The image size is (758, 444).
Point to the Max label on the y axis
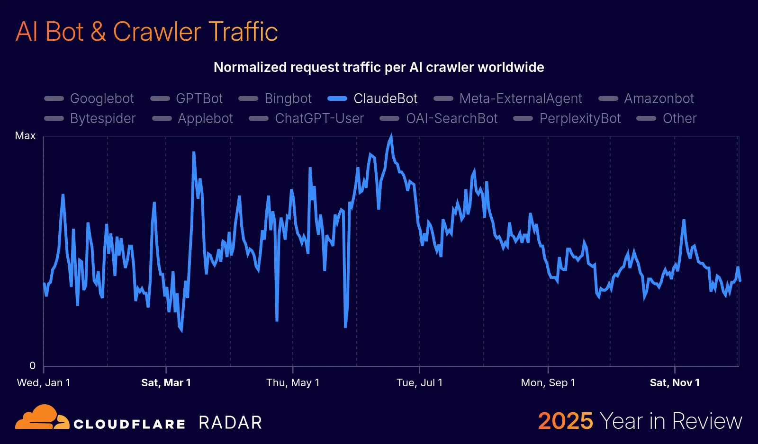pos(25,136)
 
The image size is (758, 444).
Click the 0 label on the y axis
pos(32,365)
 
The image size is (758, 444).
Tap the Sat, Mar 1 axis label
pos(166,382)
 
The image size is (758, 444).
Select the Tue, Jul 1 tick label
pos(419,382)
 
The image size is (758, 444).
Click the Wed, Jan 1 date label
pos(44,382)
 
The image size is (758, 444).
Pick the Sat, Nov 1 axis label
pos(675,382)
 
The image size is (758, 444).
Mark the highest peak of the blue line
pos(391,136)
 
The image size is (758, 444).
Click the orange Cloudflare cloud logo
pos(42,417)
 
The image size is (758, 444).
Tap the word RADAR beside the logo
pos(230,422)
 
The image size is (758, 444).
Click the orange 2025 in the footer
pos(565,421)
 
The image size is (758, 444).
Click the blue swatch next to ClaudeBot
pos(337,98)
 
